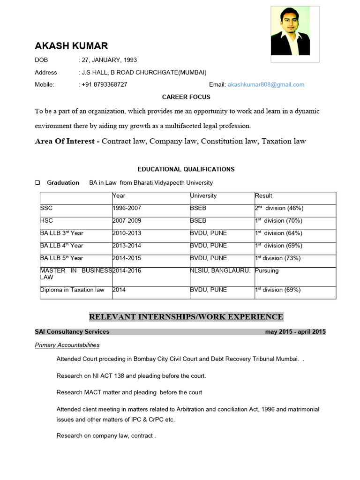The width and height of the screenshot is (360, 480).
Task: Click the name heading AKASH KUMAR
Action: click(x=71, y=45)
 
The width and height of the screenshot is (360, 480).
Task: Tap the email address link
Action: click(x=266, y=85)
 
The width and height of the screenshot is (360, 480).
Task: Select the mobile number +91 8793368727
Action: click(x=105, y=85)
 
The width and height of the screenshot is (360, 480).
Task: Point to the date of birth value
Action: click(x=109, y=60)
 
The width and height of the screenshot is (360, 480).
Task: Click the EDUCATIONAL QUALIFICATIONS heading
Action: click(x=186, y=169)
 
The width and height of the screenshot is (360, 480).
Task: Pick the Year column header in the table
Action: click(x=119, y=196)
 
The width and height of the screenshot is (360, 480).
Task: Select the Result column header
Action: click(x=263, y=196)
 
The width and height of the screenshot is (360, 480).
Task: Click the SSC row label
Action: click(x=47, y=208)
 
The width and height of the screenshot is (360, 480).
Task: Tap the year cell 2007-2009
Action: click(x=127, y=221)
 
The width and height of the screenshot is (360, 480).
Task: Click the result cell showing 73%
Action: click(x=277, y=258)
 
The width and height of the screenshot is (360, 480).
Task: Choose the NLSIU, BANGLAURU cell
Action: click(x=220, y=271)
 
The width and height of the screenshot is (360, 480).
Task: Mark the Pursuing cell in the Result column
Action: click(x=267, y=271)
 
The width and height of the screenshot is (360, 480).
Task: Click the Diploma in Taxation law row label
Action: click(x=72, y=290)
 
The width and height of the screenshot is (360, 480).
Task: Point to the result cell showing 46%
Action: click(x=279, y=208)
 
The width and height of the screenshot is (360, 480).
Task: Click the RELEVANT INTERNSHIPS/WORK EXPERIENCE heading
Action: click(x=186, y=317)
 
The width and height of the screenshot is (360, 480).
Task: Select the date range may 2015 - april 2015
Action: click(x=295, y=332)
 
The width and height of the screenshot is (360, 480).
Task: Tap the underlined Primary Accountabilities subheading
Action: click(x=67, y=345)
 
